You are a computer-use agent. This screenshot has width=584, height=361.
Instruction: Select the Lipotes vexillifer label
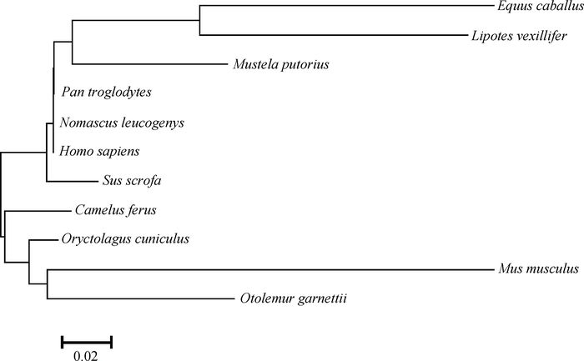pyautogui.click(x=519, y=37)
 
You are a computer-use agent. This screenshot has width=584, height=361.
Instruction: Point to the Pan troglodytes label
pyautogui.click(x=106, y=92)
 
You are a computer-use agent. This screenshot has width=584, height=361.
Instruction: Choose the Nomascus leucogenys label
pyautogui.click(x=122, y=123)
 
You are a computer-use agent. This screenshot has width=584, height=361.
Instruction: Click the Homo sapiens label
pyautogui.click(x=100, y=152)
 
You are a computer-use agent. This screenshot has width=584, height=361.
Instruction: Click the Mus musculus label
pyautogui.click(x=537, y=269)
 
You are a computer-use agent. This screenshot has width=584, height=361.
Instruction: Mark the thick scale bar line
pyautogui.click(x=86, y=340)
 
